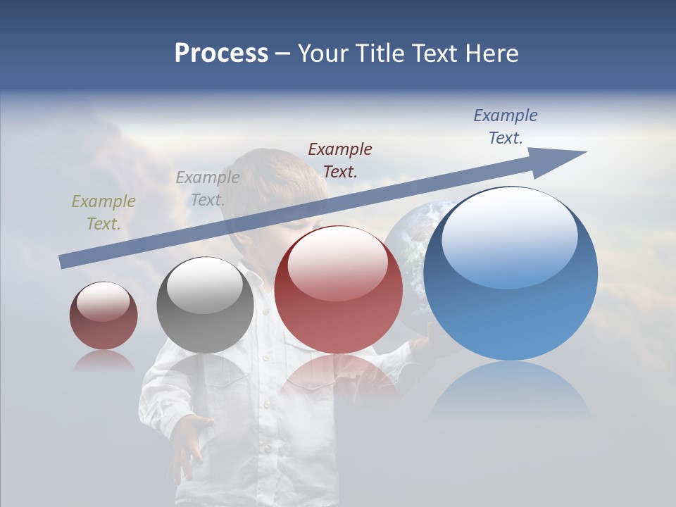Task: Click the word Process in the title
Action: tap(221, 54)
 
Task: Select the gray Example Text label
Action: tap(208, 189)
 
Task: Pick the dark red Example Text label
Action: tap(340, 160)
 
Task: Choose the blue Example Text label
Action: tap(506, 127)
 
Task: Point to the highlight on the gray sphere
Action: tap(205, 284)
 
